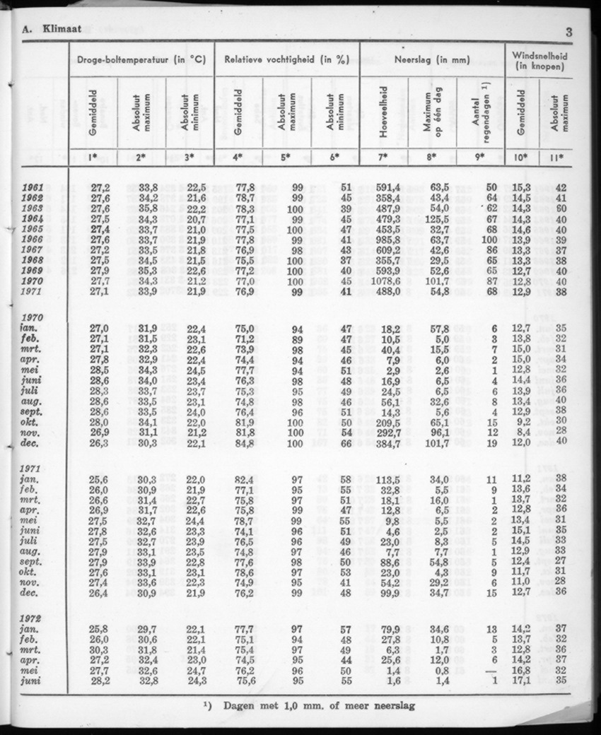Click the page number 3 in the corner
[x=569, y=31]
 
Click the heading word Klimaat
[x=62, y=29]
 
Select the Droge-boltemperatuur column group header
[x=140, y=60]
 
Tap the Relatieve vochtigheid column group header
[x=286, y=60]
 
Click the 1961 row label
[x=33, y=187]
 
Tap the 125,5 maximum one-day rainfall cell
[x=438, y=219]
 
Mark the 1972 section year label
[x=33, y=618]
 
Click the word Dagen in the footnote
[x=243, y=705]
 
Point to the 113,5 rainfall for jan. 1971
[x=387, y=479]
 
